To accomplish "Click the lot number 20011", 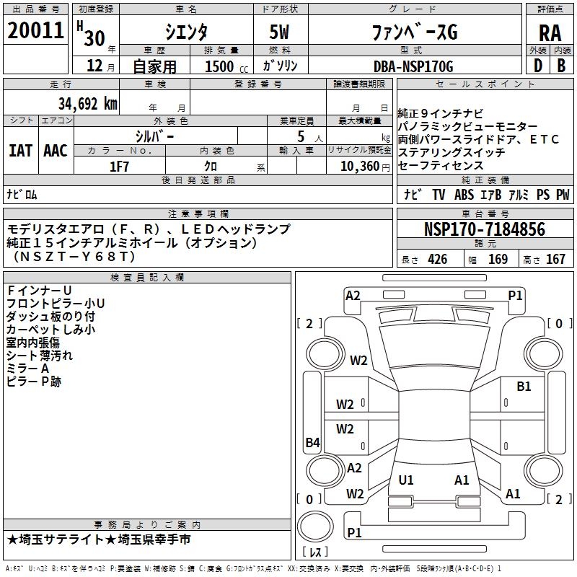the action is pos(35,30).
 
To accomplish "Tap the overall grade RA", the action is pos(550,33).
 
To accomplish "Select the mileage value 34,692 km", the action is pos(88,104).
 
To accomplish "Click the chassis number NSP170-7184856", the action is pos(485,229).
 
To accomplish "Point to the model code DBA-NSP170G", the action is pos(413,66).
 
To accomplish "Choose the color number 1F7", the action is pos(119,167).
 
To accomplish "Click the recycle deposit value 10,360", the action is pos(360,167).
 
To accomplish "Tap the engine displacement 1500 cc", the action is pos(226,66).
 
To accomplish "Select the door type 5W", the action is pos(279,32).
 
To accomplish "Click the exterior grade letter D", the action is pos(538,66).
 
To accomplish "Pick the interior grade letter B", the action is pos(561,66).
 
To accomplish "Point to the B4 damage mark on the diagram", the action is pos(313,442).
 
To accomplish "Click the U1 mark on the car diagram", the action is pos(406,480).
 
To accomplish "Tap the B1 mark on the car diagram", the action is pos(524,387).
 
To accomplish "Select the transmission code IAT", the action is pos(20,151).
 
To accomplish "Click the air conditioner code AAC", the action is pos(56,151).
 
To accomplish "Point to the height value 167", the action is pos(555,259).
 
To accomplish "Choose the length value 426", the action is pos(438,259).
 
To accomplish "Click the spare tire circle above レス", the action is pos(315,527).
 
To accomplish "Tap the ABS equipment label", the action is pos(464,195).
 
